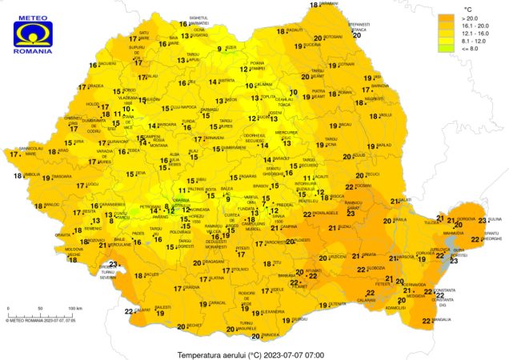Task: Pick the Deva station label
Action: (x=141, y=173)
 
